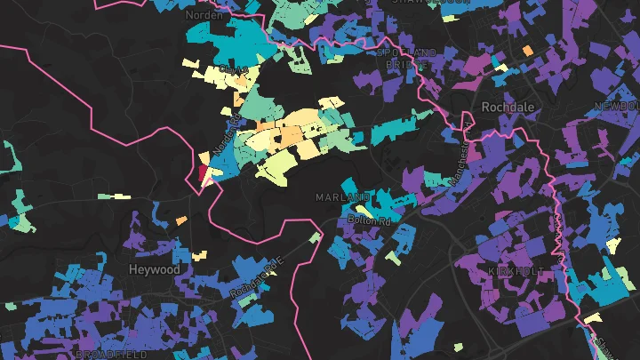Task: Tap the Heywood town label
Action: [155, 269]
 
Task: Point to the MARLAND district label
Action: [342, 196]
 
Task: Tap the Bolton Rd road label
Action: [371, 218]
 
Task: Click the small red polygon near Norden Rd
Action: [203, 170]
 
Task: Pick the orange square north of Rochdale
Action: [528, 50]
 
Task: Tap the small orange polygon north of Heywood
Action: [181, 220]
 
